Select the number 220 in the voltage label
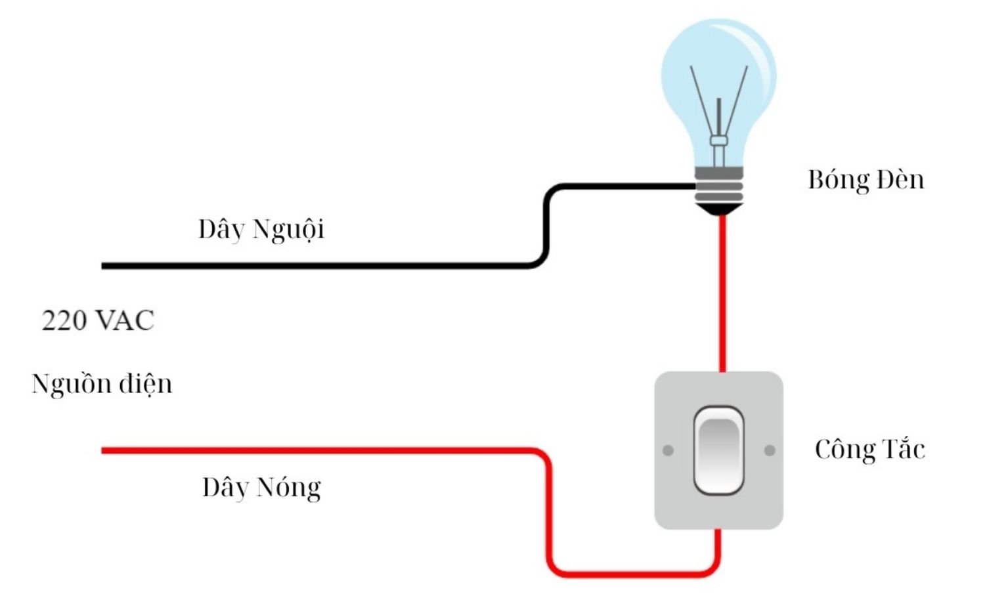point(64,321)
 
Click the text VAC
point(125,321)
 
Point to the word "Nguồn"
point(71,384)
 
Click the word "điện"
point(146,384)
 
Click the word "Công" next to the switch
point(845,450)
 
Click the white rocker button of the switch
point(718,450)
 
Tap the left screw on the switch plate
point(668,450)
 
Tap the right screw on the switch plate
point(770,450)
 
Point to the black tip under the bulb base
point(720,209)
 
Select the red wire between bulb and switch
point(722,295)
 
